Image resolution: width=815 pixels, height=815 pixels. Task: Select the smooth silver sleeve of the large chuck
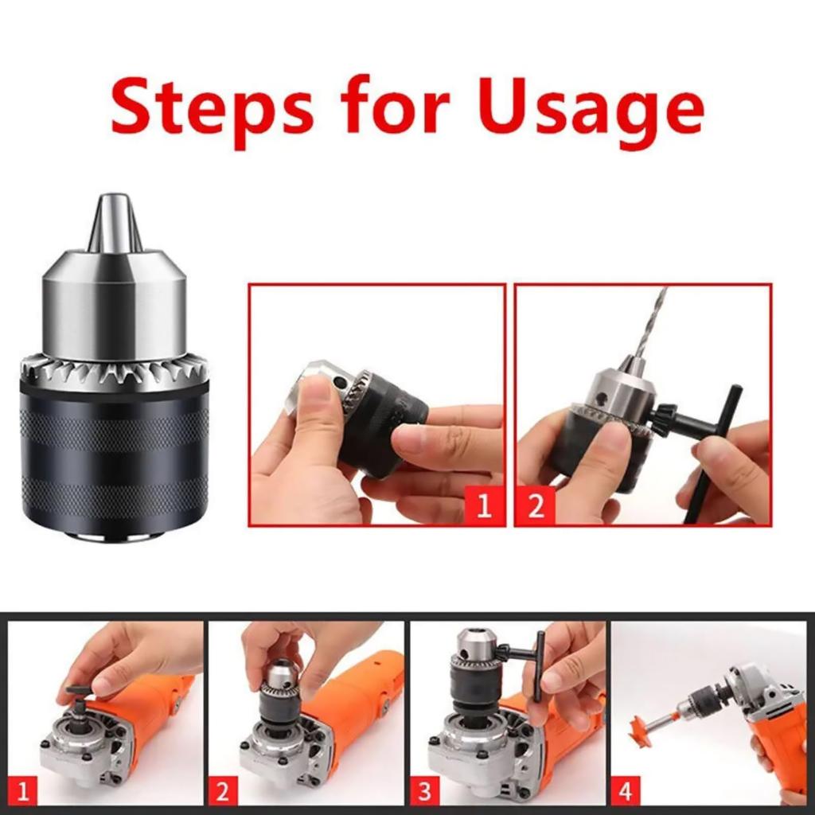point(115,306)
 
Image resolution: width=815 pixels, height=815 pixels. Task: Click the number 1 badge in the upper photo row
point(484,505)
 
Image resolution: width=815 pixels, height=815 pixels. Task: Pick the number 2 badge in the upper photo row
point(536,505)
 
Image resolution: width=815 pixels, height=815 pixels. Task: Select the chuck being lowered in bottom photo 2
point(281,692)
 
